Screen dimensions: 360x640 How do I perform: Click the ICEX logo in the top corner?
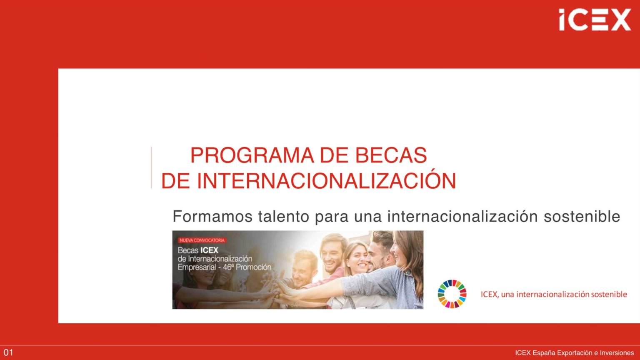(595, 20)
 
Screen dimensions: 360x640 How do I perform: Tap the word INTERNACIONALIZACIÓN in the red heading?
(326, 181)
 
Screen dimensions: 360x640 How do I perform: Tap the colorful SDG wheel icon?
(452, 294)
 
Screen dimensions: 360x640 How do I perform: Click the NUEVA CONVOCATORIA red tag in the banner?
(202, 240)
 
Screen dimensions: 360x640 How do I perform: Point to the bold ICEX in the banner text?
(210, 250)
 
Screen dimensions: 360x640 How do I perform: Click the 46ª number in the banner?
(228, 267)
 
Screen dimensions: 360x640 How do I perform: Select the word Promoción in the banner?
(253, 267)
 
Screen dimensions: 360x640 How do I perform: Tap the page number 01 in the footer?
(8, 352)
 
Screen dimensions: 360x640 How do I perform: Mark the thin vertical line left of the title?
(151, 167)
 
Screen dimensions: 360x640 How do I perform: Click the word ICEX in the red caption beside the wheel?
(489, 294)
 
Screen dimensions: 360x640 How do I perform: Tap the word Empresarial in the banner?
(197, 267)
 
